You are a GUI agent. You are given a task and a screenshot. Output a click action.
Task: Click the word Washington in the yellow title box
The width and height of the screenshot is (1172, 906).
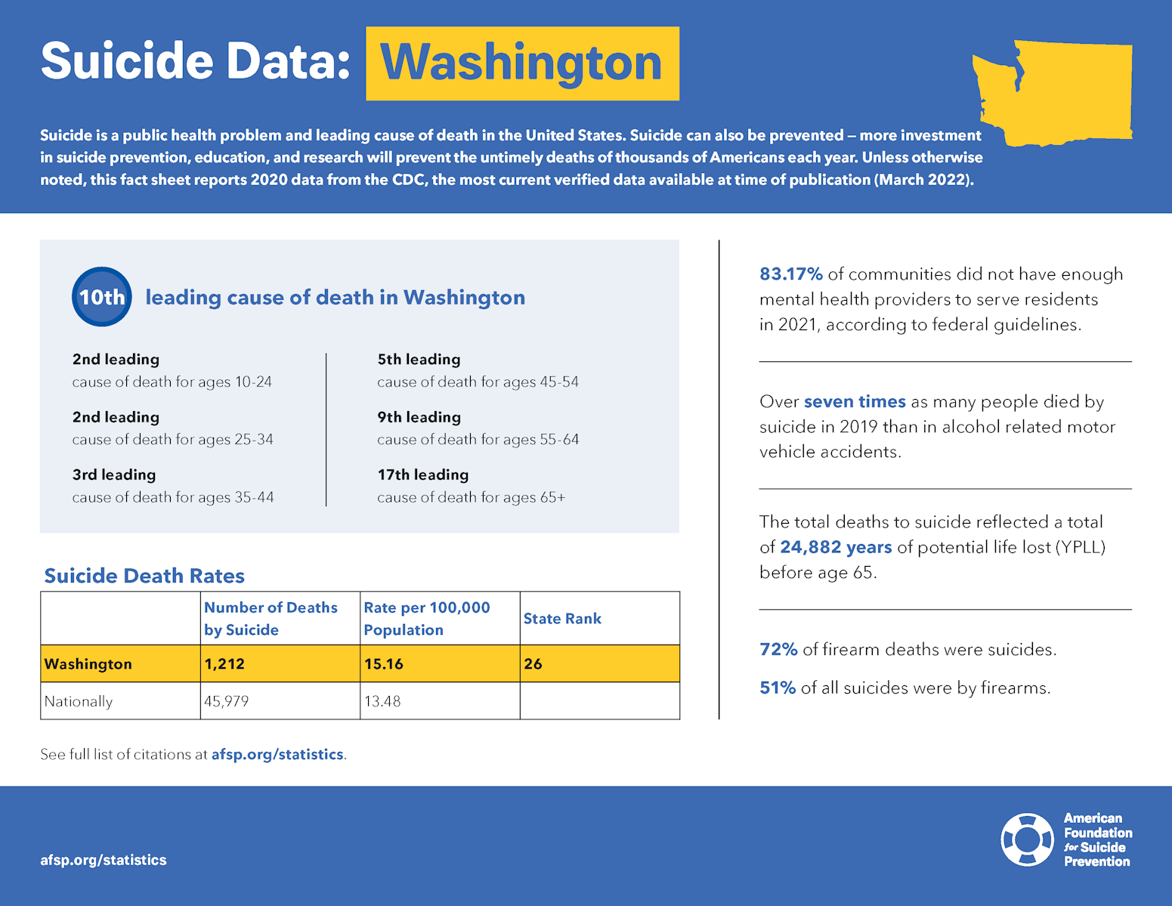(x=521, y=63)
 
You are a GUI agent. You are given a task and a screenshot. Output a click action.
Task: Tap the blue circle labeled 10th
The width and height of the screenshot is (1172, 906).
(x=102, y=297)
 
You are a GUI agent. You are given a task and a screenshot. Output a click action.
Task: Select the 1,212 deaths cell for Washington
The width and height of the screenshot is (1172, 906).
(x=224, y=663)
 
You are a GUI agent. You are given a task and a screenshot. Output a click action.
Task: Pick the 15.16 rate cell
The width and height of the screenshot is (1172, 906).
(x=384, y=663)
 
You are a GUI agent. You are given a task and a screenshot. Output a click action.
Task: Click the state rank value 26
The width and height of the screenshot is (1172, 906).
(x=533, y=663)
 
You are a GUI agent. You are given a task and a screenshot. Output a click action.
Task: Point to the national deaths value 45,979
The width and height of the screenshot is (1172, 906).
(x=226, y=701)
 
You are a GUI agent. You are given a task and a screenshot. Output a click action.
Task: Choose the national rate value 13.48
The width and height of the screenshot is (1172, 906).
(x=382, y=701)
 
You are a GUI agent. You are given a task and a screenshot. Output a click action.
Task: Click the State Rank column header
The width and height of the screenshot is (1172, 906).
(x=562, y=618)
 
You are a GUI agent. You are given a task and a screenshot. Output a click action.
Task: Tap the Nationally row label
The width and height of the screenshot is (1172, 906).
(x=79, y=701)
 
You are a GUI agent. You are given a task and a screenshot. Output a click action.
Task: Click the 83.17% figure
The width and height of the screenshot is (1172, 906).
(x=790, y=274)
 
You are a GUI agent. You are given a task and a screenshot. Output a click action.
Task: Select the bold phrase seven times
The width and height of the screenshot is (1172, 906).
(x=855, y=401)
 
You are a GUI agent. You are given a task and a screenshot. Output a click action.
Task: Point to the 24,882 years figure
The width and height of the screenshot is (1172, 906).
(x=836, y=547)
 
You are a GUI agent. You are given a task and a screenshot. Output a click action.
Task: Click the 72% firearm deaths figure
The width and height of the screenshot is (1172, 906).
(x=778, y=649)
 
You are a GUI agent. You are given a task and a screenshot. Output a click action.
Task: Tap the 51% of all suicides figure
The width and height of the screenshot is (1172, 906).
(x=778, y=688)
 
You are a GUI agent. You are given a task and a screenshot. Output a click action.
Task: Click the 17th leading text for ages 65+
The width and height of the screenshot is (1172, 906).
(x=423, y=475)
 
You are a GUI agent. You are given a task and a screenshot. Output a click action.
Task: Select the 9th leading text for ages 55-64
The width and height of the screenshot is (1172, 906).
(x=419, y=417)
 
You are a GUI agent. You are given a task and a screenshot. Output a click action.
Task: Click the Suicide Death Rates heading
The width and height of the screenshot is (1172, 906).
(x=144, y=576)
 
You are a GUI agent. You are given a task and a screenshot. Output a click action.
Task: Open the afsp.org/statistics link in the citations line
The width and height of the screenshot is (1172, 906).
(x=277, y=754)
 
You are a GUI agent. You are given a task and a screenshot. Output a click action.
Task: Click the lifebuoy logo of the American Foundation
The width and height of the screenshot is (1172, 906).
(x=1027, y=840)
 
